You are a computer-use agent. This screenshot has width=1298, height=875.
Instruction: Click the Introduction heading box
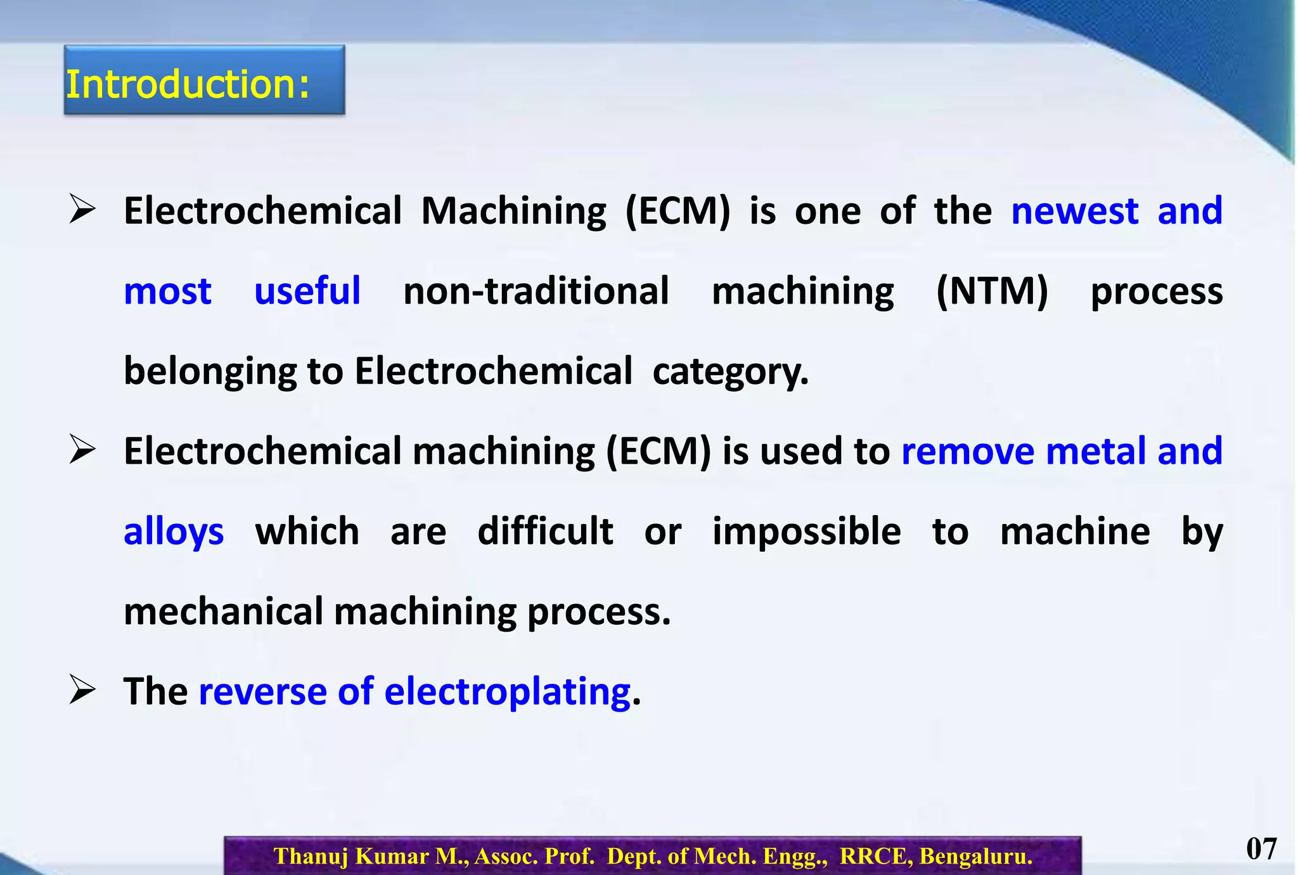tap(204, 80)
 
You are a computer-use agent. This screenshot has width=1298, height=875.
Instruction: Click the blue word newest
tap(1074, 211)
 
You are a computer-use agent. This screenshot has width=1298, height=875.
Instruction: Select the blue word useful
tap(307, 291)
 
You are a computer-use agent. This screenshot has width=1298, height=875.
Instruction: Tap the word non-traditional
tap(536, 291)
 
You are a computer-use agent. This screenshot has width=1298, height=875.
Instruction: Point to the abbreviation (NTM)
tap(992, 291)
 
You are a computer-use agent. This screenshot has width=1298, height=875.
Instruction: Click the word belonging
tap(210, 372)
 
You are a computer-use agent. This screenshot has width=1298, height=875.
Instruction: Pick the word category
tap(730, 372)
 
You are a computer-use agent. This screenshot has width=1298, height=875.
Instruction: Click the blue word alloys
tap(174, 532)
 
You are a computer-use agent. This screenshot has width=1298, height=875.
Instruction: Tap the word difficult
tap(545, 532)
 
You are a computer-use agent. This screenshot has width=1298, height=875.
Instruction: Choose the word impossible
tap(806, 532)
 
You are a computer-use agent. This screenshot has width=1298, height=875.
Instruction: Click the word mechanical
tap(223, 612)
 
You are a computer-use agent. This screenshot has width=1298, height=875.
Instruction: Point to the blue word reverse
tap(263, 691)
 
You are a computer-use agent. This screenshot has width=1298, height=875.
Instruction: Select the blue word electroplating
tap(507, 691)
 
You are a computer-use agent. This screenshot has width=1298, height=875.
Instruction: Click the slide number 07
tap(1261, 848)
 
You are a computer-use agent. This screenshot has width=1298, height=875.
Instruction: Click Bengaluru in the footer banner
tap(976, 856)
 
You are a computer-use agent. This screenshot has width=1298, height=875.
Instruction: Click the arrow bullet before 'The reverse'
tap(82, 690)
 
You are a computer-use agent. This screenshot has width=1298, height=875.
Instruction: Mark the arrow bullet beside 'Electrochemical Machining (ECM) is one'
tap(82, 210)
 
